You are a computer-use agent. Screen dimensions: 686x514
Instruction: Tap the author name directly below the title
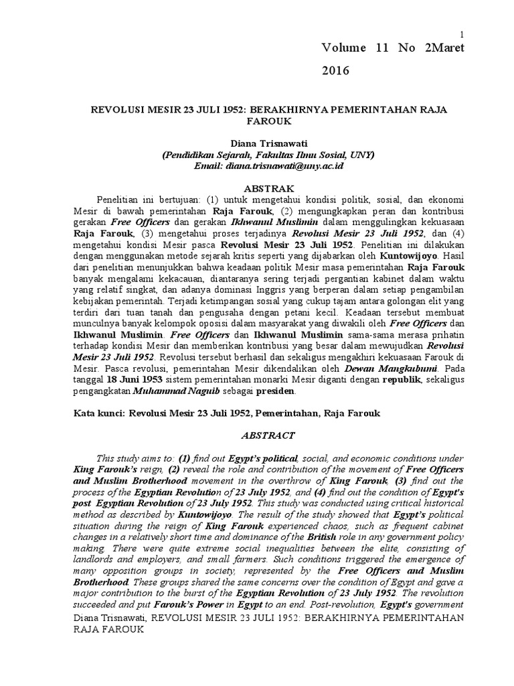[x=268, y=143]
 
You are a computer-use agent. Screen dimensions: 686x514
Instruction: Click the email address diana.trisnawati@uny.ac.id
[x=295, y=165]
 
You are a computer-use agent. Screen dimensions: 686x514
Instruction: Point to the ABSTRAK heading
[x=268, y=188]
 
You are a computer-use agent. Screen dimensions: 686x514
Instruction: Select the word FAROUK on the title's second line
[x=268, y=121]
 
